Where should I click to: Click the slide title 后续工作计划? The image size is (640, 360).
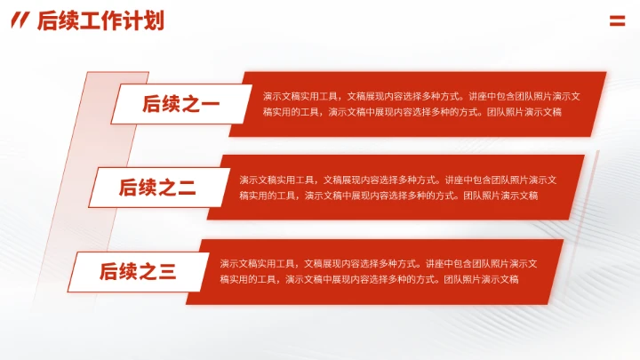point(100,21)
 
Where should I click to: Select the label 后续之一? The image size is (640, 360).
point(181,105)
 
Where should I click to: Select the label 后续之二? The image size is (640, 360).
point(157,188)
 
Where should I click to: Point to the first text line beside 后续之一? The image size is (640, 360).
point(422,96)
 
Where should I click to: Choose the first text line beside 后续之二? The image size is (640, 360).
point(398,180)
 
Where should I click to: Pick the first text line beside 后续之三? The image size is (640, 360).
point(379,263)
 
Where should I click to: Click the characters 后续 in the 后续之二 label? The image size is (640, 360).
point(138,188)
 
